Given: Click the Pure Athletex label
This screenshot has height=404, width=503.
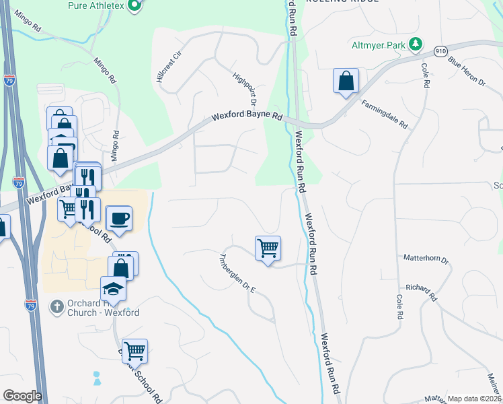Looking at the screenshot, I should coord(97,5).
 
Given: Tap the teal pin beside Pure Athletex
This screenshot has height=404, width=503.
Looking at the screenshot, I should coord(134,6).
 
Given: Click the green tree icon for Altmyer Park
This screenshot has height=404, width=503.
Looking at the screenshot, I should coord(417,44).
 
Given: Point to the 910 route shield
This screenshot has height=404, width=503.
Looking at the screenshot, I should coord(441,50).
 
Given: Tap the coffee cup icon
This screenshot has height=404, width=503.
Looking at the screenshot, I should coord(120,219).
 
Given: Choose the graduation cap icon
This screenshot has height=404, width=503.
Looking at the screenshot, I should coord(114,290).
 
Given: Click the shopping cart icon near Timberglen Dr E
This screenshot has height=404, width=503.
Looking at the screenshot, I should coord(268,248).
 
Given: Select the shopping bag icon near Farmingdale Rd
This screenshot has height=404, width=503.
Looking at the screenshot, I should coord(346,81).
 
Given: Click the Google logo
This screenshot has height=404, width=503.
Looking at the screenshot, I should coord(22,396).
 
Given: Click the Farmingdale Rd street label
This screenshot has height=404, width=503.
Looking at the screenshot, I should coord(385,114).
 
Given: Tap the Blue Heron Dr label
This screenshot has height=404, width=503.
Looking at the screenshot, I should coord(467,71).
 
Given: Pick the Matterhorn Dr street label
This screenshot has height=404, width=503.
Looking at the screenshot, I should coord(426,259).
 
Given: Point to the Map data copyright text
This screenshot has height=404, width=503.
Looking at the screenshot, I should coord(475,399).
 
